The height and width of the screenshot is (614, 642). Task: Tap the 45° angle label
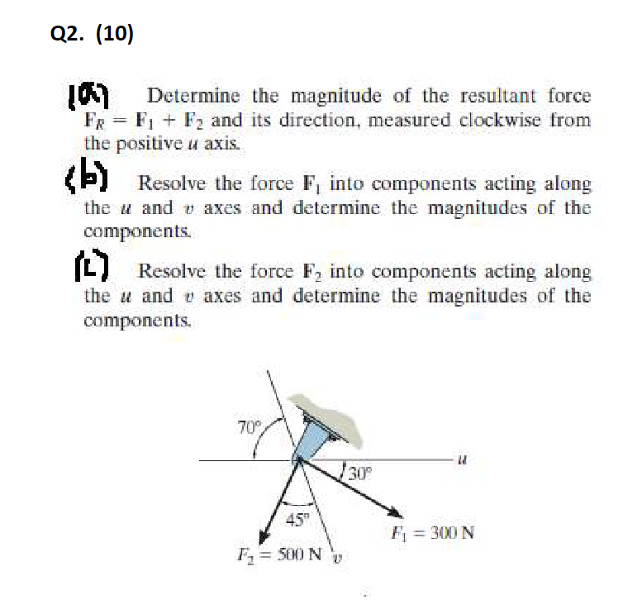[295, 520]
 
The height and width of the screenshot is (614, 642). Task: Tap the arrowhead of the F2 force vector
[264, 532]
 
